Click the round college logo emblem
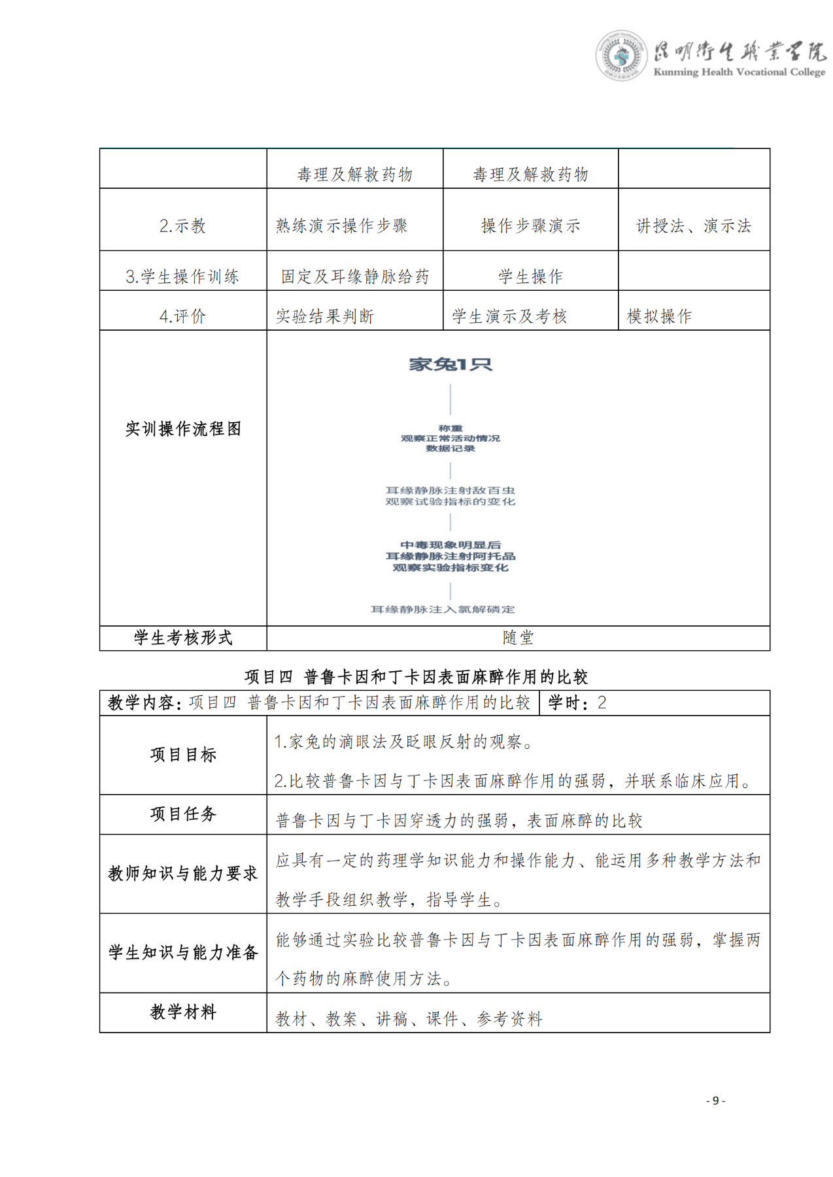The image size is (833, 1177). pos(620,56)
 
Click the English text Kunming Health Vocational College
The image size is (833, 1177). pos(739,72)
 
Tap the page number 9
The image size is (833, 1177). pos(715,1101)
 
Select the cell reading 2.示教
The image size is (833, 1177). pos(182,226)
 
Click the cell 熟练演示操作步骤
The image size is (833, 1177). pos(341,226)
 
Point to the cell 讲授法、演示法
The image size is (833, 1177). pos(694,226)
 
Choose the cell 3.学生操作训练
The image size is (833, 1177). pos(182,276)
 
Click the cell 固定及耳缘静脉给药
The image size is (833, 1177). pos(355,276)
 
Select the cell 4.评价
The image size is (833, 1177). pos(182,316)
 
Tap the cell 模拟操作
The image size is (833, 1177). pos(659,316)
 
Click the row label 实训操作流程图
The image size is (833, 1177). pos(183,429)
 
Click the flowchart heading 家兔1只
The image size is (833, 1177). pos(450,364)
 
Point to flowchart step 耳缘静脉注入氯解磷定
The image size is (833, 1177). pos(443,609)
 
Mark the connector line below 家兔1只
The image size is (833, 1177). pos(450,399)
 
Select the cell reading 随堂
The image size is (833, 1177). pos(518,638)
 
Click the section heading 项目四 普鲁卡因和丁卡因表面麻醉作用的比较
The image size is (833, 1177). pos(416,676)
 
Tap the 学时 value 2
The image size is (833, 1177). pos(602,703)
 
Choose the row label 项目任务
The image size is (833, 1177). pos(183,814)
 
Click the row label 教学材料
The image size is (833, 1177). pos(183,1012)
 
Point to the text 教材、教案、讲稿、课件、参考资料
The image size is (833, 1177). pos(409,1018)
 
